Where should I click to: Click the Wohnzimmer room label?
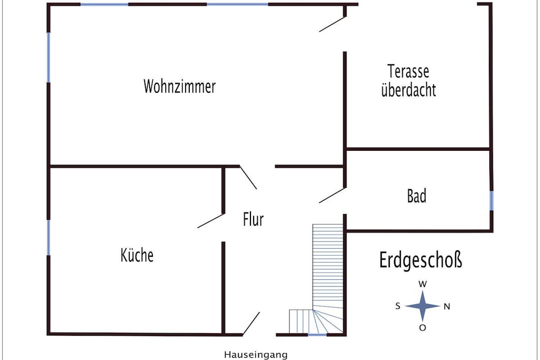point(179,86)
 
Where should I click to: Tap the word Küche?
point(137,255)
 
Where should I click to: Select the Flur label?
point(253,219)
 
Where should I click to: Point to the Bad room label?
point(417,196)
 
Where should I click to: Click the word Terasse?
point(409,71)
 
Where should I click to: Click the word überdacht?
point(409,90)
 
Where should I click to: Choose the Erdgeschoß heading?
point(420,260)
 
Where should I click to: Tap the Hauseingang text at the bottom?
point(256,355)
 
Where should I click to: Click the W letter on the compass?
point(422,284)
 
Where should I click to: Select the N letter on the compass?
point(447,306)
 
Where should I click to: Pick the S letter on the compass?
point(398,306)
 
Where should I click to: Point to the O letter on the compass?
point(422,328)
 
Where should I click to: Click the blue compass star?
point(422,306)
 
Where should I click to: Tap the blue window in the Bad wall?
point(491,201)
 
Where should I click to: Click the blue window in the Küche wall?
point(48,238)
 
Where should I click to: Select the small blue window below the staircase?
point(317,335)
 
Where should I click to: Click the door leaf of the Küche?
point(211,221)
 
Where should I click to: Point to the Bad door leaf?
point(332,195)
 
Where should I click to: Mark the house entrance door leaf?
point(251,324)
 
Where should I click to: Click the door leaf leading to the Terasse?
point(332,24)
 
